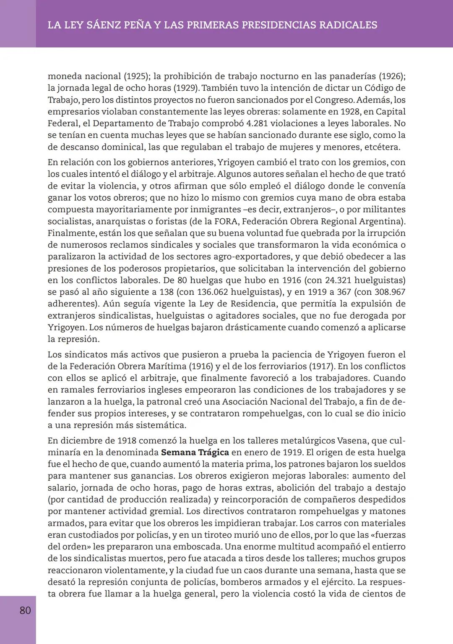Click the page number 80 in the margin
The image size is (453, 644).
pos(25,610)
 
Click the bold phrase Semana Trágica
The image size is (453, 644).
pos(195,453)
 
